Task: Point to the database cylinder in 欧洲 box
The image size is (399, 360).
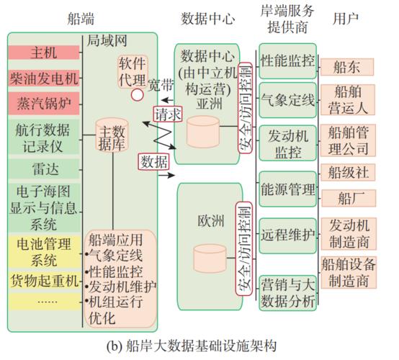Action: pyautogui.click(x=201, y=258)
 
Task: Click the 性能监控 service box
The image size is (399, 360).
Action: pyautogui.click(x=287, y=59)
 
